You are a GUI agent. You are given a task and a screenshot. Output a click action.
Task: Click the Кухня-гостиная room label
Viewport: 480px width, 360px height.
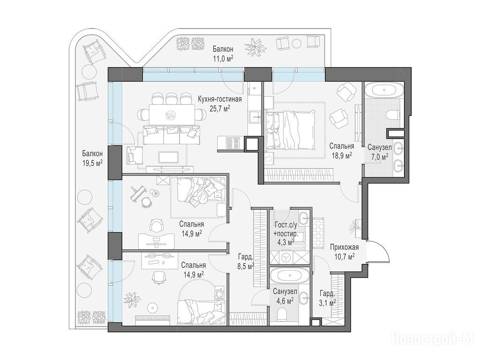click(220, 99)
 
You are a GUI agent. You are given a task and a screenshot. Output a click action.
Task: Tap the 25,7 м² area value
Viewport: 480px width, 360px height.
click(220, 108)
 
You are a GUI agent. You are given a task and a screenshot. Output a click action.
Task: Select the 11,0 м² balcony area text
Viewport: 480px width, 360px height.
click(223, 58)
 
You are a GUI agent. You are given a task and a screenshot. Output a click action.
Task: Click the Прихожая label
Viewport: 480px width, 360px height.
click(345, 247)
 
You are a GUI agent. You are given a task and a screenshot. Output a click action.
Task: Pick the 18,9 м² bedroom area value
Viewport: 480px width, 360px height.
click(341, 156)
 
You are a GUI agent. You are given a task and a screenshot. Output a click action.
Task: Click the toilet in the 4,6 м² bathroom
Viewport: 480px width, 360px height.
click(282, 315)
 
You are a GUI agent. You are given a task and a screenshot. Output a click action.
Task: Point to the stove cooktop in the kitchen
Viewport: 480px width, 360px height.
click(232, 143)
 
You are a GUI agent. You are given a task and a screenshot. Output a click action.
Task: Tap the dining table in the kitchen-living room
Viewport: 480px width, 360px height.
click(172, 115)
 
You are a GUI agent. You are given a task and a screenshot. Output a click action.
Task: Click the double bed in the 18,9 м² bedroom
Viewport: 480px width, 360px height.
click(290, 130)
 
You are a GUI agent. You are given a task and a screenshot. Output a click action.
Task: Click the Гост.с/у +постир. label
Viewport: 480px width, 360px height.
click(285, 229)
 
